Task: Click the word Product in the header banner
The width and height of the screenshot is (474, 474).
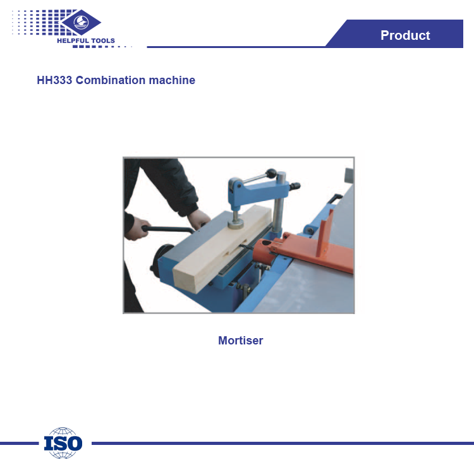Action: pyautogui.click(x=405, y=35)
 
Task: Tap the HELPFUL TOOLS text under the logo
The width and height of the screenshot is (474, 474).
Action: pyautogui.click(x=86, y=41)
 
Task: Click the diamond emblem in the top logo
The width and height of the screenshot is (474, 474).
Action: pyautogui.click(x=81, y=22)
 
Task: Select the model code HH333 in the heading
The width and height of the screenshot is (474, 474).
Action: pyautogui.click(x=54, y=80)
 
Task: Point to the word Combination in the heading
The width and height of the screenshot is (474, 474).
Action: pyautogui.click(x=111, y=80)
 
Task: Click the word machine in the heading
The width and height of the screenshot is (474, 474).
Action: pyautogui.click(x=172, y=80)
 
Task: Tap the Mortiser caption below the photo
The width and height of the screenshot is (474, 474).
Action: pyautogui.click(x=241, y=341)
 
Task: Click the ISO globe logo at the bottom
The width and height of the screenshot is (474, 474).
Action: pyautogui.click(x=63, y=443)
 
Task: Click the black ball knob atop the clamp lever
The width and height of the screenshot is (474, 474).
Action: pyautogui.click(x=271, y=174)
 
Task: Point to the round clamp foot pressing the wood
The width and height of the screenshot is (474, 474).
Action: pyautogui.click(x=236, y=224)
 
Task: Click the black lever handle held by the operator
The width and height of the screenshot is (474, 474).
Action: pyautogui.click(x=169, y=230)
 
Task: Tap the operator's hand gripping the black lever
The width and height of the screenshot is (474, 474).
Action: pyautogui.click(x=135, y=229)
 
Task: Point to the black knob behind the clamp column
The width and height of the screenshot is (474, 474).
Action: pyautogui.click(x=295, y=186)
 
